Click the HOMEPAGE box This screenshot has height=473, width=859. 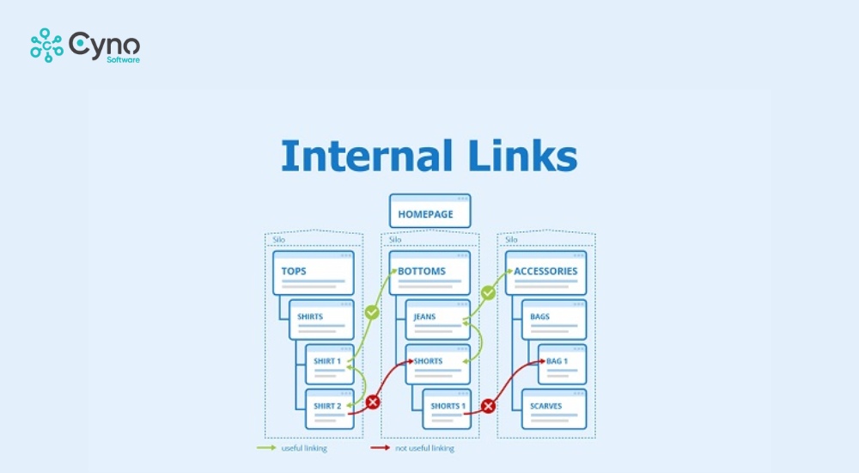429,212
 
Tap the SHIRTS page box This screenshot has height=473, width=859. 321,319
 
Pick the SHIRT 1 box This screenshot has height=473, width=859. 329,364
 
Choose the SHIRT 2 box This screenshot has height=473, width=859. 329,408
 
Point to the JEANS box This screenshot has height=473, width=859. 437,319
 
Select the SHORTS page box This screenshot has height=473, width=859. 437,364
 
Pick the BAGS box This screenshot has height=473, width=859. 553,319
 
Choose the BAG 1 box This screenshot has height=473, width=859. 562,364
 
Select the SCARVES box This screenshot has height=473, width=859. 553,408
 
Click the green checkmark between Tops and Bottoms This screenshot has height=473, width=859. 372,312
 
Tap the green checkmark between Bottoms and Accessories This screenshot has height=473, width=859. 488,293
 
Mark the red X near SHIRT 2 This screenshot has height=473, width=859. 372,402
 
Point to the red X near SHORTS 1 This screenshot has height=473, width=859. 488,405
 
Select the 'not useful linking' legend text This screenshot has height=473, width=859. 424,448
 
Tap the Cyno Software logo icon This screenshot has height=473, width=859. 46,46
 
